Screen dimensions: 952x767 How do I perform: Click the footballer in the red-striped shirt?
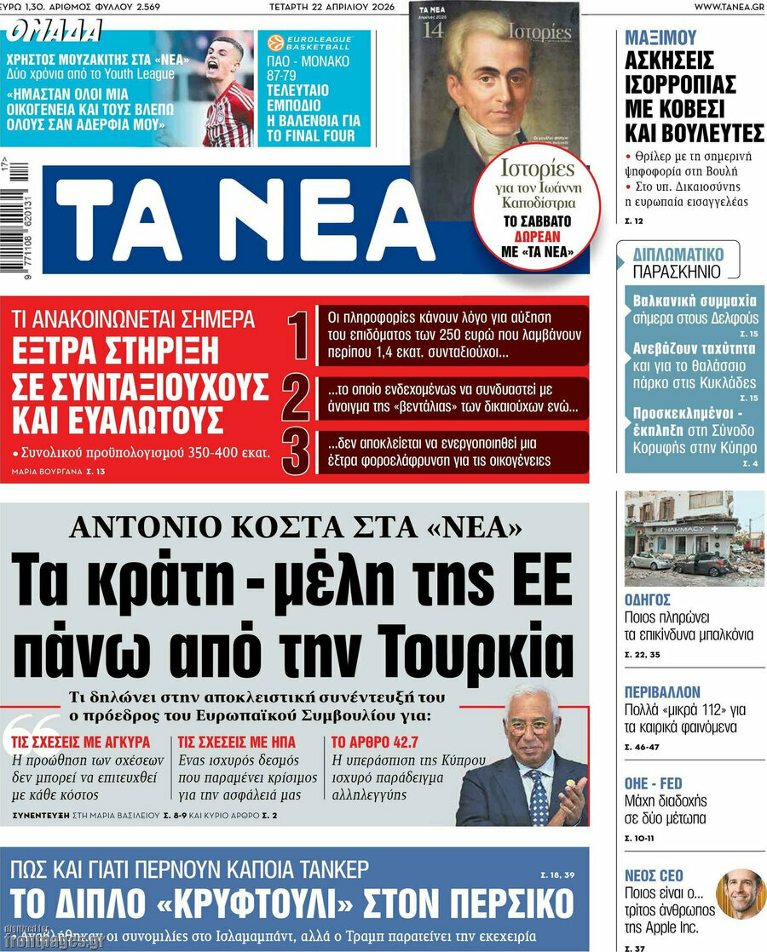click(x=228, y=94)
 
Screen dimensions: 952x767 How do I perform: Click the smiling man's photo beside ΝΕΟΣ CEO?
click(x=740, y=894)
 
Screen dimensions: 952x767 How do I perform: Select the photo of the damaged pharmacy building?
click(x=694, y=538)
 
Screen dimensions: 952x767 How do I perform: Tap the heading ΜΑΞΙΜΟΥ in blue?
click(x=660, y=37)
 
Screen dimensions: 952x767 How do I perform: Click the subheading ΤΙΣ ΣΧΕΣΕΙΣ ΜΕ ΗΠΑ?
click(x=237, y=742)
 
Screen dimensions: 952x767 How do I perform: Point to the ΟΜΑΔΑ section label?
click(x=54, y=32)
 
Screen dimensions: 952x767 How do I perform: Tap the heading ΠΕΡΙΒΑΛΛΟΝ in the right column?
click(x=662, y=692)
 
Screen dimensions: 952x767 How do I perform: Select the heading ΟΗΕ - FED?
click(x=654, y=783)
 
